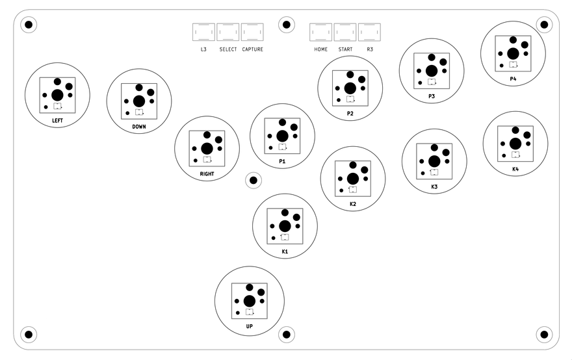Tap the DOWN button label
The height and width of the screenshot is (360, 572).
138,127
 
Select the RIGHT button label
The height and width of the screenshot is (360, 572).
207,174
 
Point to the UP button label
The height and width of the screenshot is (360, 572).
249,326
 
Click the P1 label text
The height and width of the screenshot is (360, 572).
282,161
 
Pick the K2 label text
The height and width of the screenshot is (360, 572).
353,204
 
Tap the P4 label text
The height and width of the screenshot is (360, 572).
513,79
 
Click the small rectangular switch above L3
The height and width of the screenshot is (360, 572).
203,32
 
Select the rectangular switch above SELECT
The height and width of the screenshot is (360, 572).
228,32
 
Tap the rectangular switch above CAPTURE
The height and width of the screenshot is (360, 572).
252,32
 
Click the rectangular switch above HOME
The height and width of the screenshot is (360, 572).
320,32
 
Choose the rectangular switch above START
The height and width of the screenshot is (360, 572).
345,32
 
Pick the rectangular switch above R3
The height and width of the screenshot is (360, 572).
369,32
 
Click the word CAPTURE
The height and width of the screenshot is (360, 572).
252,49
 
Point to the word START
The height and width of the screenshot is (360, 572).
345,49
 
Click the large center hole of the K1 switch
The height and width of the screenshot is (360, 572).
285,225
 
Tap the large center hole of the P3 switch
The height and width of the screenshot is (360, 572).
432,70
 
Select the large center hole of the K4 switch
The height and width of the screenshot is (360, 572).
515,144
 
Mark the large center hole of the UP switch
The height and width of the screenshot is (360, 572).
249,301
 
